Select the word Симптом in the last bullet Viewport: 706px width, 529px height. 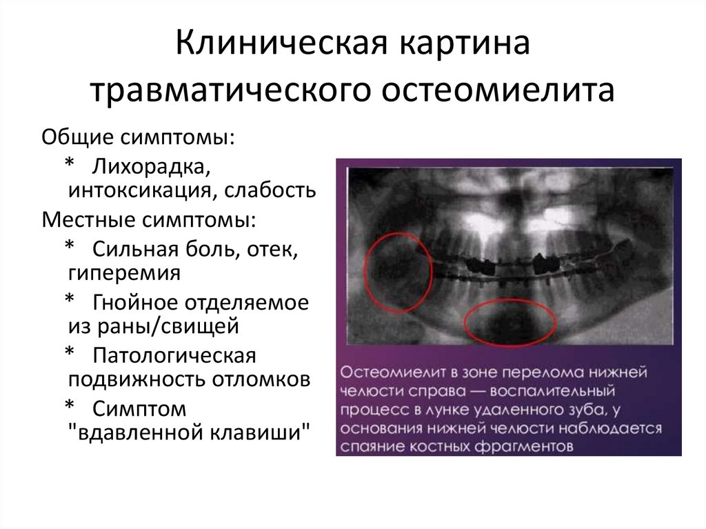tap(141, 409)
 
